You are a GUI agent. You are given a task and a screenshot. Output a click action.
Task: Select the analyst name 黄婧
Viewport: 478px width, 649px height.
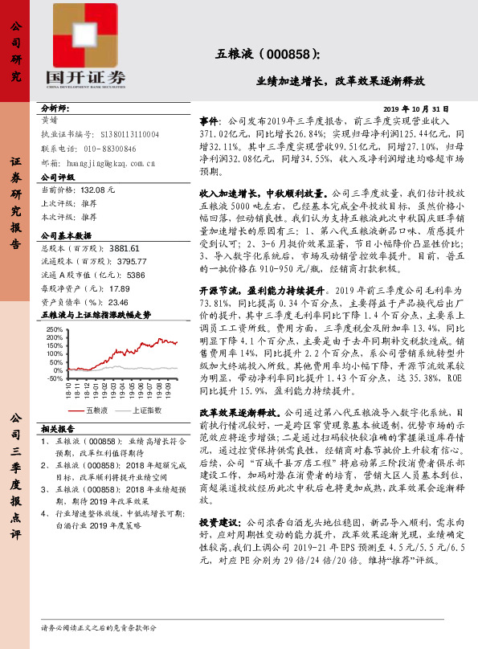coord(49,118)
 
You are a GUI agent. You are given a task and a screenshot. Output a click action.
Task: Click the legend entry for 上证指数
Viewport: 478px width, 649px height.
coord(145,433)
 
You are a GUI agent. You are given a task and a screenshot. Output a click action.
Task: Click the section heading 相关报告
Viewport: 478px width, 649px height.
coord(58,451)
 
